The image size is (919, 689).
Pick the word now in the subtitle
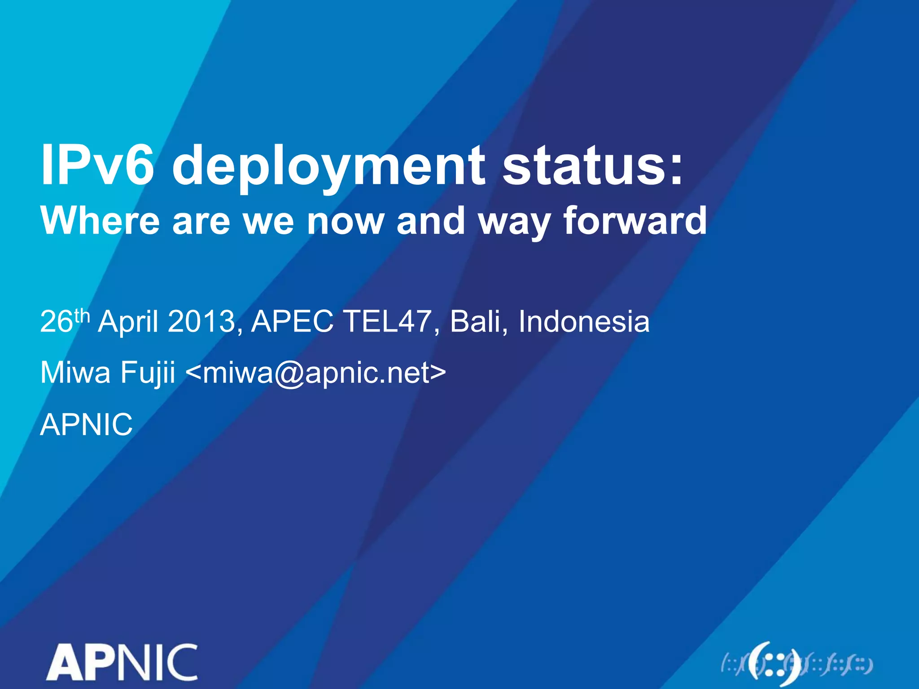click(x=345, y=221)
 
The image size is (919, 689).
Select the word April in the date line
click(x=128, y=322)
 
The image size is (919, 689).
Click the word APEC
click(x=292, y=321)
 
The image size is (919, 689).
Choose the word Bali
click(x=476, y=321)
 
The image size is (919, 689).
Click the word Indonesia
click(x=584, y=321)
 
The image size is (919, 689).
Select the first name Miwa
click(x=75, y=372)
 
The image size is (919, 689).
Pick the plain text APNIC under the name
click(x=86, y=424)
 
